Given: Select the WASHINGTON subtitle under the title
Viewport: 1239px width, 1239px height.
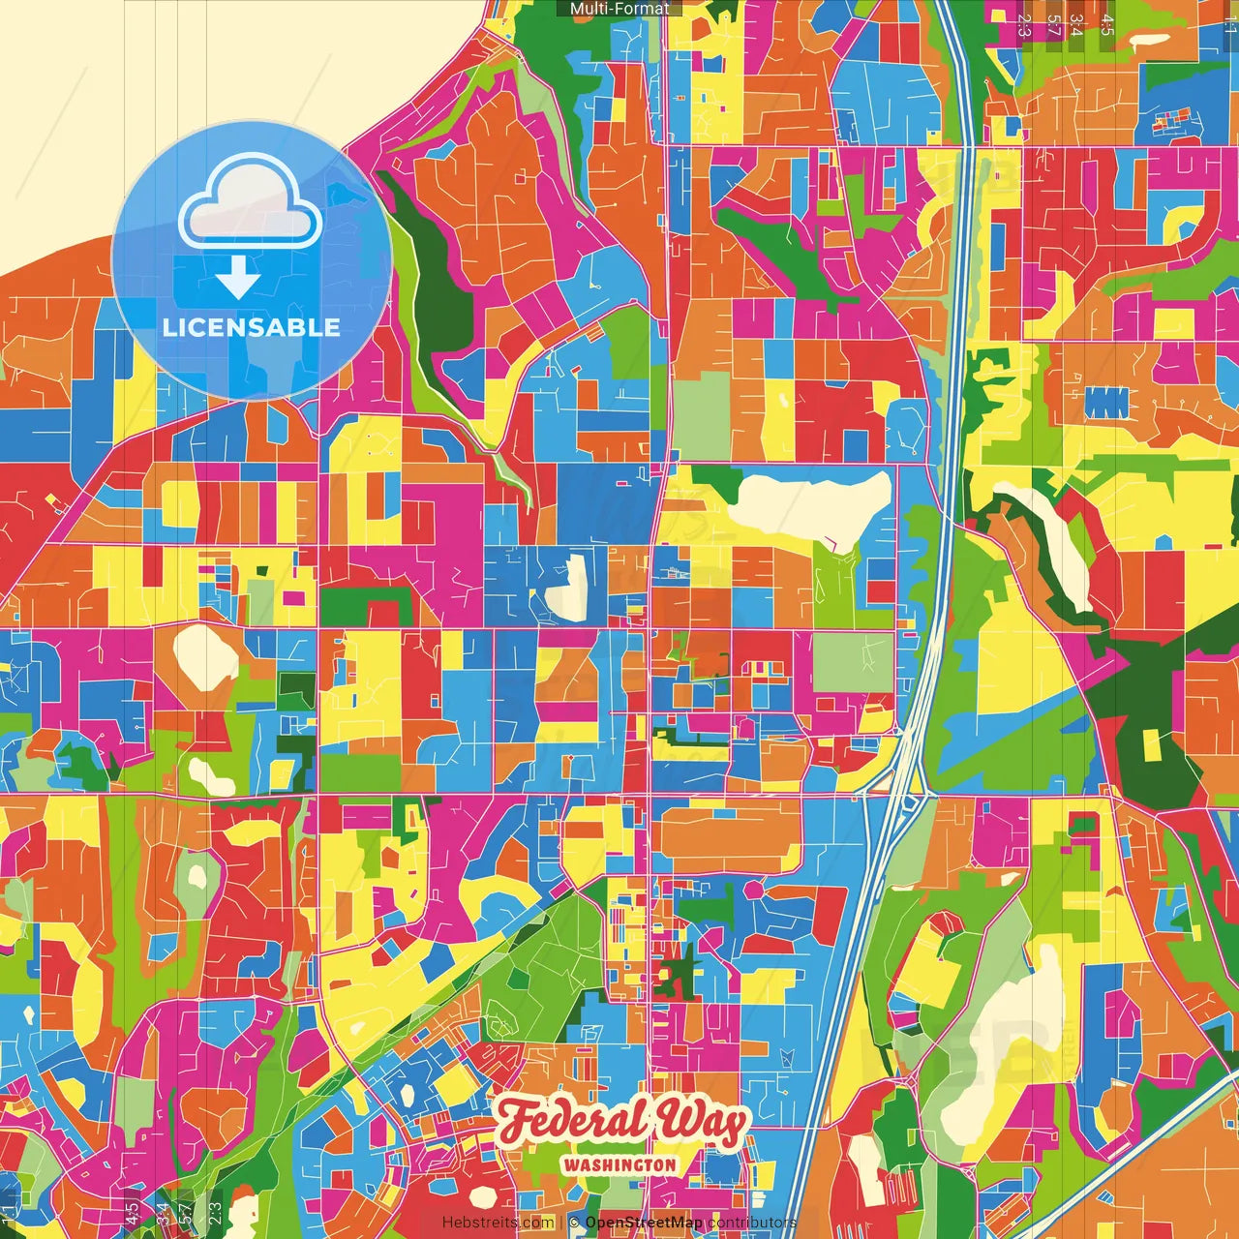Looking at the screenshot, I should [619, 1164].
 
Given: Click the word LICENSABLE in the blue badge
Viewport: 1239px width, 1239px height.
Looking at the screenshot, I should [252, 327].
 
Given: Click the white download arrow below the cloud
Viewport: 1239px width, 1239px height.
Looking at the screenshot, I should [237, 278].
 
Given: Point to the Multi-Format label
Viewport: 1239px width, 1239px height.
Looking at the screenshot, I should [619, 9].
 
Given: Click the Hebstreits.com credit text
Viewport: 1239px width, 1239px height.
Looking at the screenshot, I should [498, 1223].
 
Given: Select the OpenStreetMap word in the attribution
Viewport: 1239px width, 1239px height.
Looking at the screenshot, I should [644, 1223].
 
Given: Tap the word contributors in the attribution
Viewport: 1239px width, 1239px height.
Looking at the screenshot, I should [751, 1223].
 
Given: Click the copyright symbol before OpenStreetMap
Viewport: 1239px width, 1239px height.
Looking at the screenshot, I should [574, 1223].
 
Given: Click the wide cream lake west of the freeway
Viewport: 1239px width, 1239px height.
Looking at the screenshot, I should [813, 503].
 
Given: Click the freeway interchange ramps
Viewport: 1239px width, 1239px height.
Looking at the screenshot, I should [905, 784].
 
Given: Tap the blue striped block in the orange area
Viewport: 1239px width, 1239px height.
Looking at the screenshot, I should [1105, 402].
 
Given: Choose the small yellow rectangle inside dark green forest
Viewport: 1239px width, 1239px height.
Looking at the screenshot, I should [1151, 745].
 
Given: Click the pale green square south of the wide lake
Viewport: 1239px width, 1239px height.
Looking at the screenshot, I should [852, 662].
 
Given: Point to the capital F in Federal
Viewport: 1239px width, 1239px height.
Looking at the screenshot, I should [518, 1122].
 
